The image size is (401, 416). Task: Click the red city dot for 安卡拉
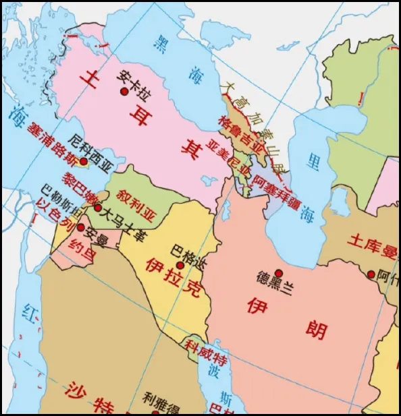pos(124,92)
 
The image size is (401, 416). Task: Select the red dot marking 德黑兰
pos(279,273)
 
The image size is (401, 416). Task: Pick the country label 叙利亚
pos(136,196)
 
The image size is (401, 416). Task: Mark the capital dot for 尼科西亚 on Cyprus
pos(83,161)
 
